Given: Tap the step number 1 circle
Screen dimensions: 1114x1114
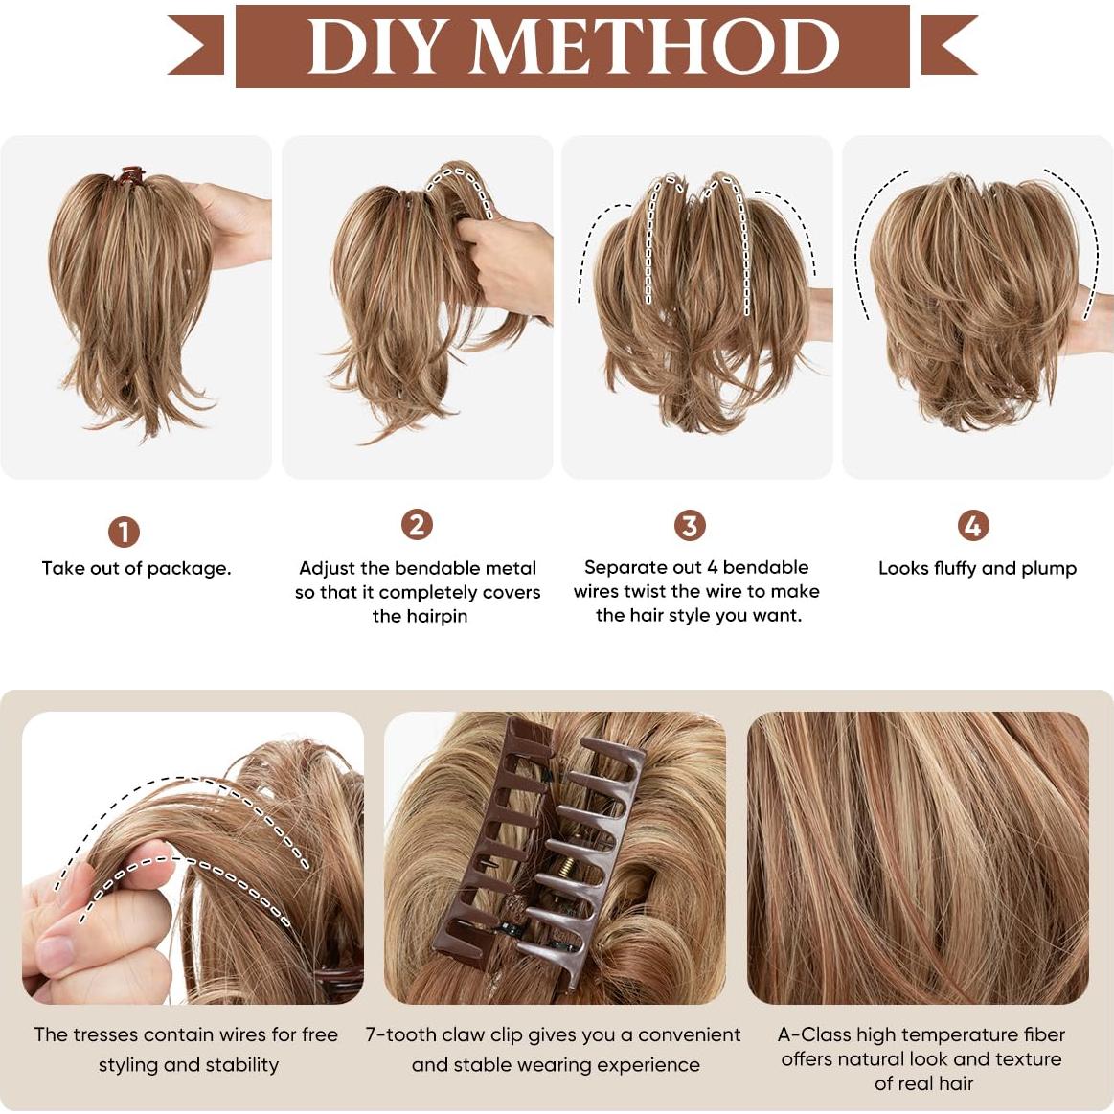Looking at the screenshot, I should point(124,532).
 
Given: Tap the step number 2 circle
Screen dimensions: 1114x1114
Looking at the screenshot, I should point(417,525).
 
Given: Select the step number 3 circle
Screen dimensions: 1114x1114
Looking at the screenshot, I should point(690,525).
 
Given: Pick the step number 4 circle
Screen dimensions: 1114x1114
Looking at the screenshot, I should point(973,525).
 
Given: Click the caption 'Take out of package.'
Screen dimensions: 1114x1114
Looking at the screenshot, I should point(136,568).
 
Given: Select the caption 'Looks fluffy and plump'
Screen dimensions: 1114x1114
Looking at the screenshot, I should point(977,568).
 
